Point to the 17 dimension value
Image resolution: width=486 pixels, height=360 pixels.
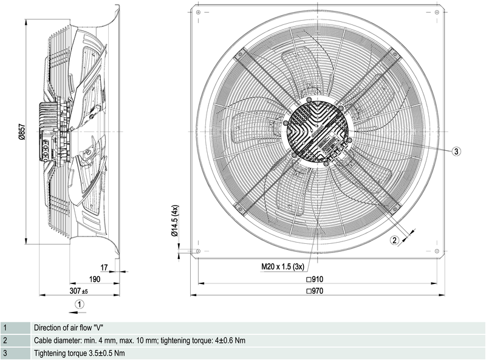coord(104,267)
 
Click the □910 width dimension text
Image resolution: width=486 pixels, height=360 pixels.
coord(317,280)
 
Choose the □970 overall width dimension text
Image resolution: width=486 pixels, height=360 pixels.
coord(317,291)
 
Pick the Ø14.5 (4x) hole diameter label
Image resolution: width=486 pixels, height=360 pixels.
coord(175,220)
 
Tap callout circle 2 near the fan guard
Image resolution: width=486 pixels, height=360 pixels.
coord(394,241)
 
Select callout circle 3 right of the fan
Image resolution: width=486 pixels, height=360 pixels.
coord(457,151)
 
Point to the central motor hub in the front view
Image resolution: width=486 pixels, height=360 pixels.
coord(317,131)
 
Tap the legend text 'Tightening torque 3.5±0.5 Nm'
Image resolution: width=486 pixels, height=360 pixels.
coord(79,353)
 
